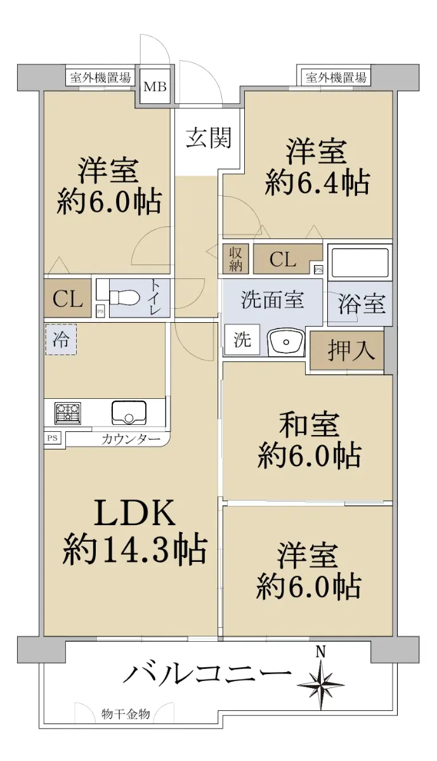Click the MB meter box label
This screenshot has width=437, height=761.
(x=155, y=87)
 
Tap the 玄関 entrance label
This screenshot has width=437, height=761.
(x=209, y=138)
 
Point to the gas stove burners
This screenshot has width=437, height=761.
(x=68, y=413)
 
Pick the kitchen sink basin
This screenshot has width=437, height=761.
(x=129, y=412)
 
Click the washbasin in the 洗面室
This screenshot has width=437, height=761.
(x=286, y=342)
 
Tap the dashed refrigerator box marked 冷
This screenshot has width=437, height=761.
(x=61, y=339)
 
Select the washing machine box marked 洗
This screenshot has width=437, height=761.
(x=242, y=339)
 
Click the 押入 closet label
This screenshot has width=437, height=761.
(x=351, y=351)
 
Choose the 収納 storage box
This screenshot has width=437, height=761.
(x=235, y=259)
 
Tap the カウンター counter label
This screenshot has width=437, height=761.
(x=131, y=439)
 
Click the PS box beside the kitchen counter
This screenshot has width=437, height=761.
(x=53, y=438)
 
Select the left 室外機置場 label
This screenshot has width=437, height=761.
(x=100, y=78)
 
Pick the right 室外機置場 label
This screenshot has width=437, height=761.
(x=336, y=78)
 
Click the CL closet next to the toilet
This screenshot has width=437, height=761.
(x=68, y=298)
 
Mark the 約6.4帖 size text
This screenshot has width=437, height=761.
(x=317, y=183)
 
